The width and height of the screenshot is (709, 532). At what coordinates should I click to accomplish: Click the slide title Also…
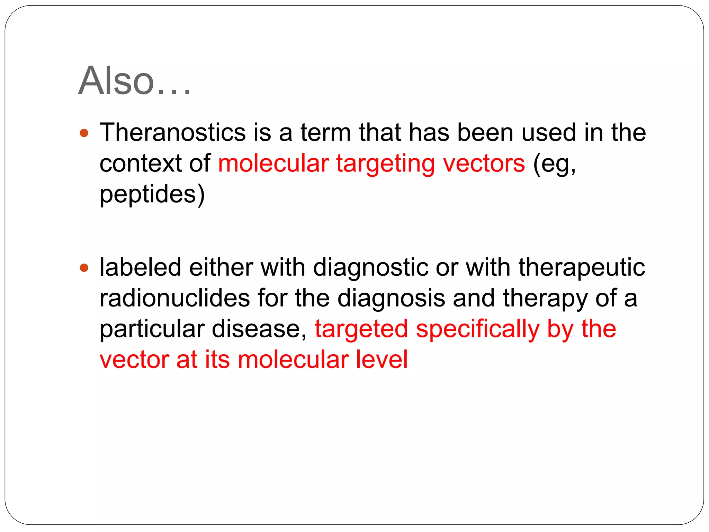click(x=134, y=81)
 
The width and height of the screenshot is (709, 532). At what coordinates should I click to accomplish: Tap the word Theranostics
click(x=172, y=133)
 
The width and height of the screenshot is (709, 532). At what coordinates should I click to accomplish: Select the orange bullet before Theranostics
click(x=84, y=133)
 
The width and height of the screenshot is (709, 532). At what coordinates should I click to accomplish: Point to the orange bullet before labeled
click(x=84, y=268)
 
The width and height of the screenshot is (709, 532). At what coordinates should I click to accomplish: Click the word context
click(x=140, y=163)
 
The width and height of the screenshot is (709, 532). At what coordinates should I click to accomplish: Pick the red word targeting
click(x=385, y=164)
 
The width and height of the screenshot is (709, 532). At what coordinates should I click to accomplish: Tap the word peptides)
click(x=152, y=194)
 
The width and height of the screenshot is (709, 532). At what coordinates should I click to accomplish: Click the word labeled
click(x=140, y=267)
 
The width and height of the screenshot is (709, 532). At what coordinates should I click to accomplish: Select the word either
click(x=221, y=267)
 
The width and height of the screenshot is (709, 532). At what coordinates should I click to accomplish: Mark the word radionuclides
click(x=174, y=298)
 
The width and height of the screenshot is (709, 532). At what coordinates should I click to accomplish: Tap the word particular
click(x=152, y=329)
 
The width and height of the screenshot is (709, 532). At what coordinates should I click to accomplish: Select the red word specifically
click(x=477, y=329)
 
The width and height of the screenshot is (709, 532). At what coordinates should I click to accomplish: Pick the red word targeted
click(x=361, y=329)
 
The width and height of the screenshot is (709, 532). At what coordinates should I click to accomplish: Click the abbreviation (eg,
click(x=554, y=164)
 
